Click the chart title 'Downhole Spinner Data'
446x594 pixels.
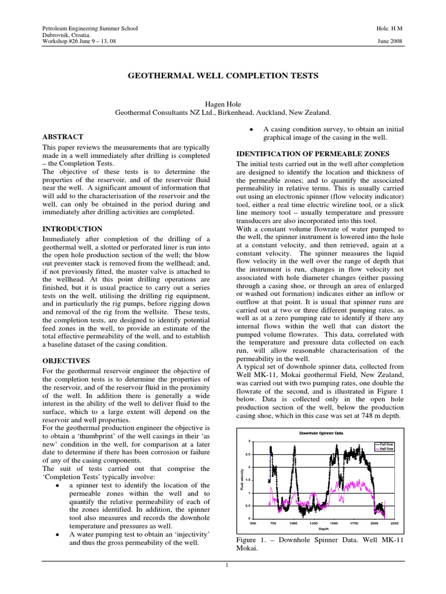tap(321, 433)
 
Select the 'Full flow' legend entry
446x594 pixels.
tap(386, 444)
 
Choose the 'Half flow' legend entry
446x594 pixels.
tap(386, 449)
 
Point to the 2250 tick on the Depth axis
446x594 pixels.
tap(394, 523)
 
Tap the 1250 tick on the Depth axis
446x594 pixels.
tap(314, 523)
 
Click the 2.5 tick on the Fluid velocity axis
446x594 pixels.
tap(249, 454)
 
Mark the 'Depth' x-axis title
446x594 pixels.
tap(323, 529)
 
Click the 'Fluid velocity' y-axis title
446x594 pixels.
tap(242, 480)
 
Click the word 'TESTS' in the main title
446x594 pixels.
tap(298, 76)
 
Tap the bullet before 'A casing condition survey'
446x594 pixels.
tap(249, 129)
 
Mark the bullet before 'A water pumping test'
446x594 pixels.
tap(55, 534)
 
